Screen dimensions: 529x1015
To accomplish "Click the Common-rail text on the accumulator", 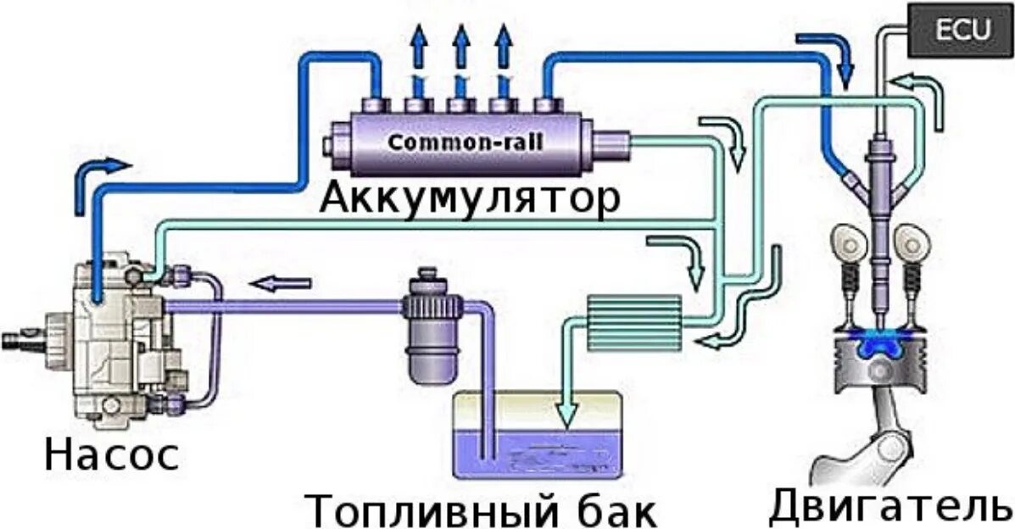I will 466,141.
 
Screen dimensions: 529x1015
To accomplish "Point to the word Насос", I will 112,454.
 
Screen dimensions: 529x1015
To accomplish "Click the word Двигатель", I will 889,505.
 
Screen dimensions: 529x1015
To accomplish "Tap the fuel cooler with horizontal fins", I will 633,319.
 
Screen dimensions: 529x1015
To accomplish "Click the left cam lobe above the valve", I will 847,241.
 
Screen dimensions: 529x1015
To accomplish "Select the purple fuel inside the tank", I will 543,454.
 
